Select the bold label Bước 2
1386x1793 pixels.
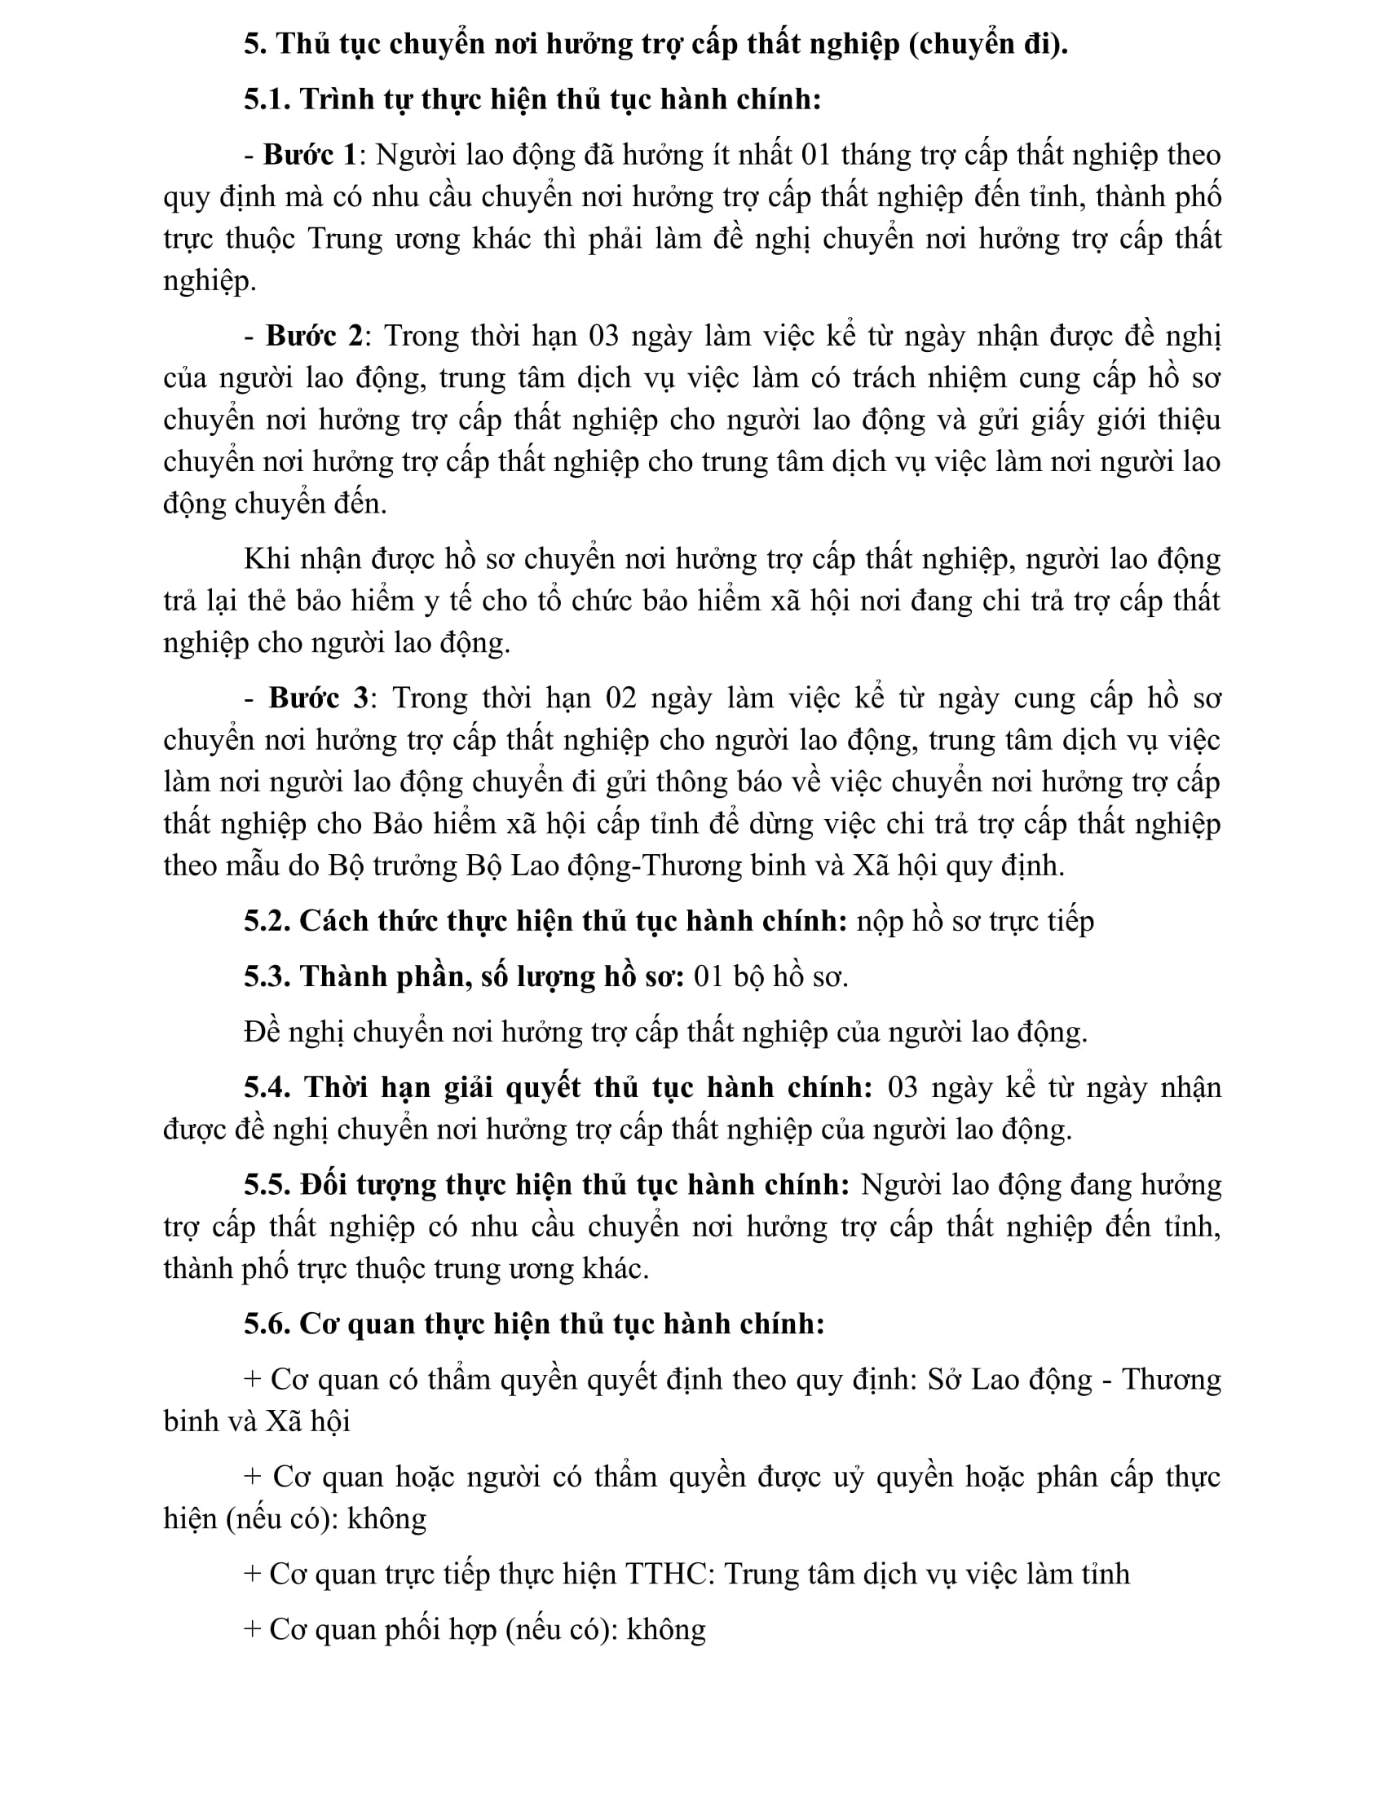point(314,336)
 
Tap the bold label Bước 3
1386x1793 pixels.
point(319,698)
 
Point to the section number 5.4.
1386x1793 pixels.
point(267,1087)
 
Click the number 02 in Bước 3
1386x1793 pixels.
point(620,698)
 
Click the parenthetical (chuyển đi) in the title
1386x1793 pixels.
point(988,44)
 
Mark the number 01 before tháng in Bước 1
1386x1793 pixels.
point(816,155)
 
